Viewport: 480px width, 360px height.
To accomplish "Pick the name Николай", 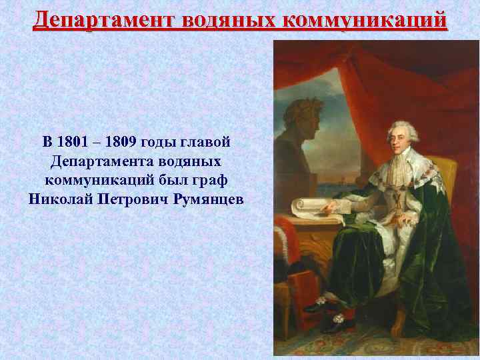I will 58,199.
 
